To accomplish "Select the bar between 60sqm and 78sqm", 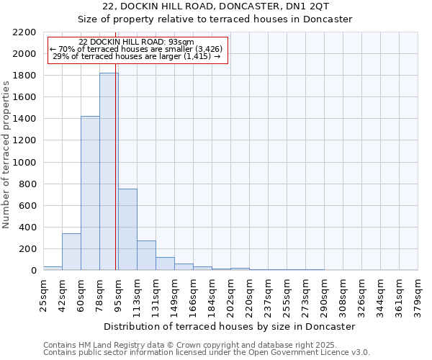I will click(x=90, y=193).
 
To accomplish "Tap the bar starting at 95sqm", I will click(x=127, y=229).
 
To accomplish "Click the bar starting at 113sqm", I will click(x=146, y=255).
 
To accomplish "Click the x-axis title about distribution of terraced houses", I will click(x=230, y=326).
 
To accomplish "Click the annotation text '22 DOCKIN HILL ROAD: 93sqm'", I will click(x=136, y=42).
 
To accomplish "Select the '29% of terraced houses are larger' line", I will click(x=136, y=56).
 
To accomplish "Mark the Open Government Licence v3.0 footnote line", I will click(x=207, y=353).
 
